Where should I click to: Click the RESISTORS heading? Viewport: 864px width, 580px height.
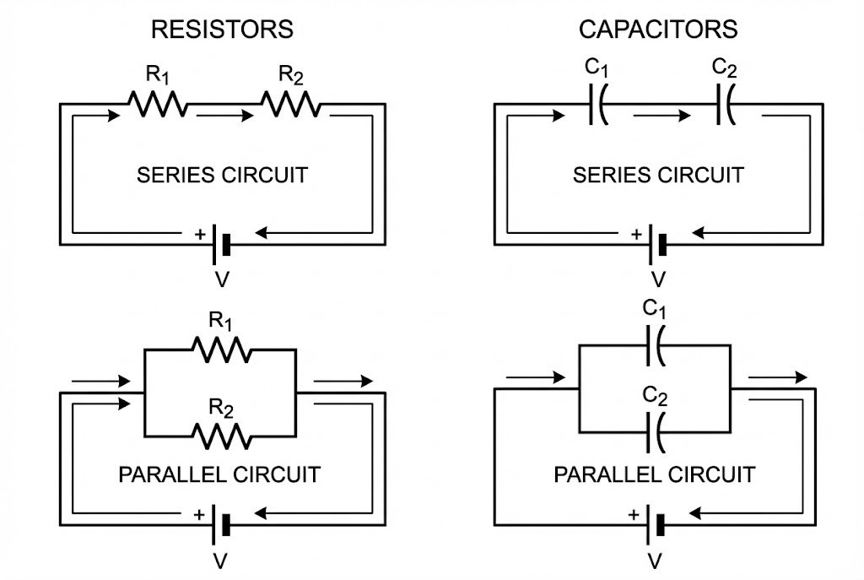point(222,30)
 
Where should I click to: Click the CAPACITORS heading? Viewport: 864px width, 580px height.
point(657,30)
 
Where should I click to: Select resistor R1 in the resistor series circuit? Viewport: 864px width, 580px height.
point(158,105)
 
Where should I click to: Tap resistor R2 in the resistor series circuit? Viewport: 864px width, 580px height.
point(289,105)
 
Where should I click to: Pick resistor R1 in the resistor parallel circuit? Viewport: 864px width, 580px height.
point(220,349)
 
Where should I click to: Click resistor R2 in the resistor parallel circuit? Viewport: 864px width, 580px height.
point(222,436)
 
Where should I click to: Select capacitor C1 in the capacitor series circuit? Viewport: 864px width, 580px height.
point(598,106)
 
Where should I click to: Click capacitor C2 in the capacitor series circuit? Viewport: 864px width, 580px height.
point(725,106)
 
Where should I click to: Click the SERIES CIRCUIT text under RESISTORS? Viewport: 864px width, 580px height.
point(222,176)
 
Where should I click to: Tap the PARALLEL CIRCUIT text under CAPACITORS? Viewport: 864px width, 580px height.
point(654,474)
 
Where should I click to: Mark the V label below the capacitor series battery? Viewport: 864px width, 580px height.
point(659,279)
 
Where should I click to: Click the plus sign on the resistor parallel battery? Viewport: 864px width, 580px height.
point(199,513)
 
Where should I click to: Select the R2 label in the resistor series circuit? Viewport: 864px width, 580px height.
point(291,76)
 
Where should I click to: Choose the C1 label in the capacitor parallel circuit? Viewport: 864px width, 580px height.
point(655,309)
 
